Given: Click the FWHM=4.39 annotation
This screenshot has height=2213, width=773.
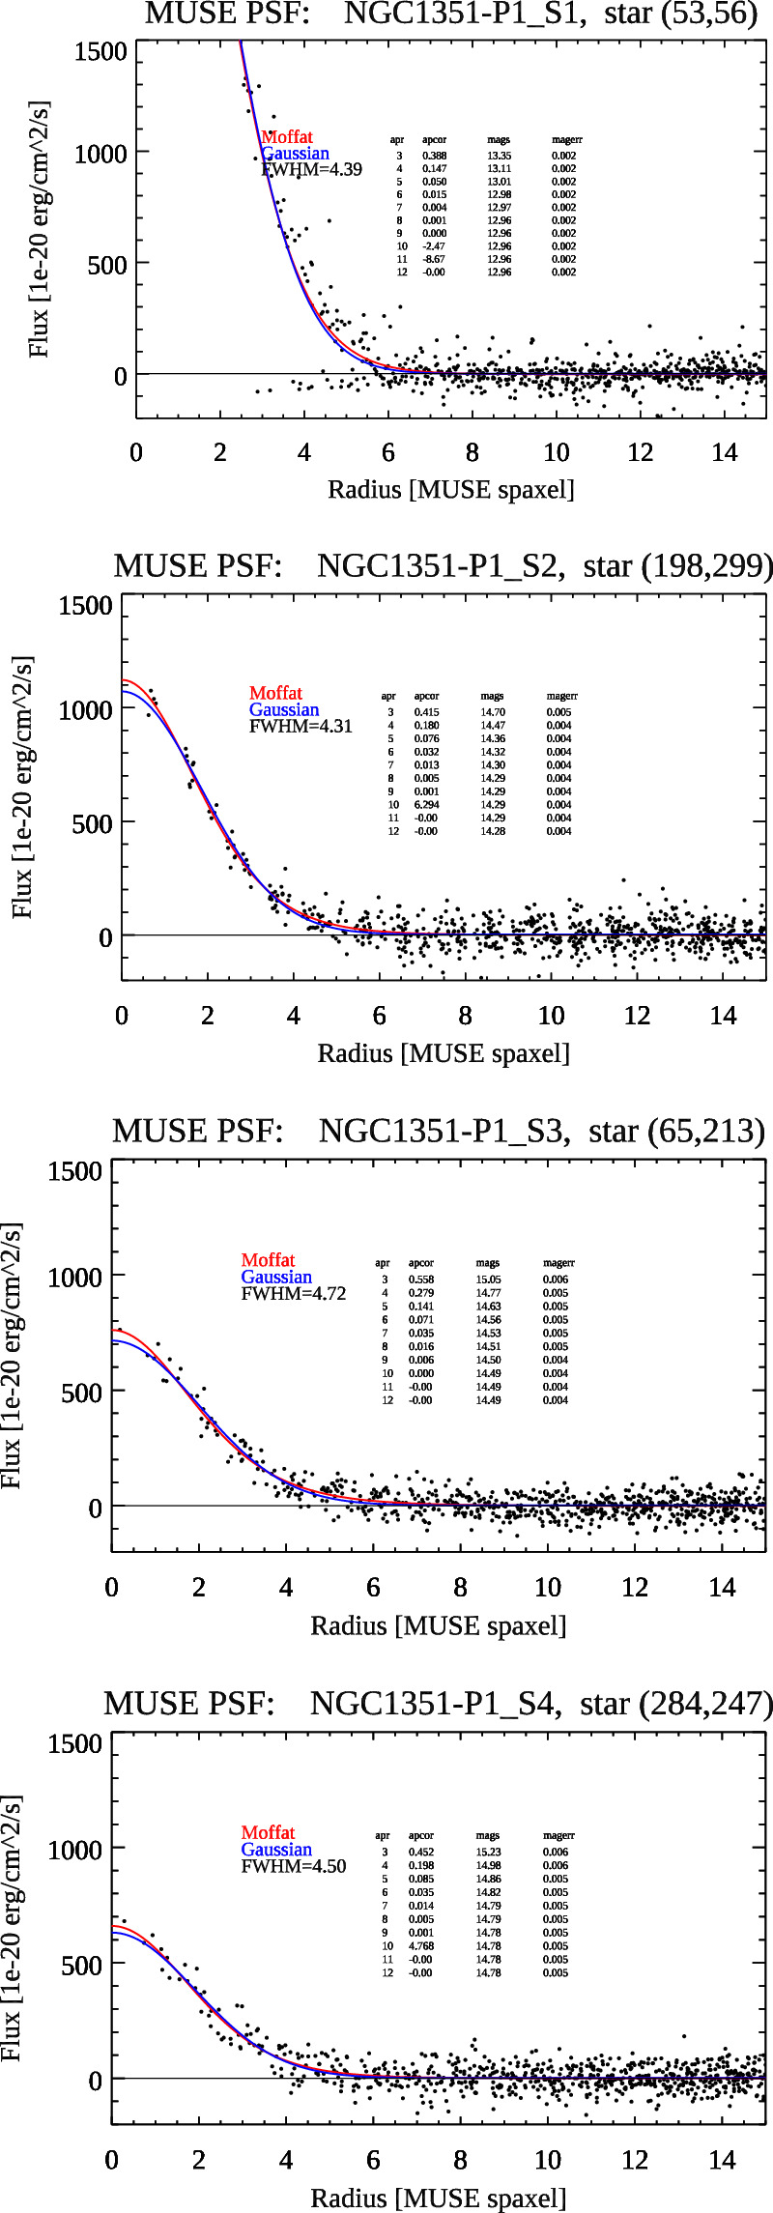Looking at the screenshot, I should pyautogui.click(x=311, y=169).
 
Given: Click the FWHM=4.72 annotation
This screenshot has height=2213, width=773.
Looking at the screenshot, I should pyautogui.click(x=293, y=1293).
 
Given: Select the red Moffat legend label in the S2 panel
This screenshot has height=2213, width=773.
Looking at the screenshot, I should pyautogui.click(x=275, y=693).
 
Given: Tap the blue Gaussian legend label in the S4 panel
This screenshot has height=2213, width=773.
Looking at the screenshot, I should pyautogui.click(x=276, y=1849).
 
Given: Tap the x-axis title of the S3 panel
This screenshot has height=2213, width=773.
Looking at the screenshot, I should pyautogui.click(x=438, y=1625).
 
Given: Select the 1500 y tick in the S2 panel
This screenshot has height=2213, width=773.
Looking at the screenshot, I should pyautogui.click(x=85, y=606).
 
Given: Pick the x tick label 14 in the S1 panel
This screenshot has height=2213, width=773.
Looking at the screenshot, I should pyautogui.click(x=724, y=453).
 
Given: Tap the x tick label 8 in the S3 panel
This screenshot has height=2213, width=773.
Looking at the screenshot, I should pyautogui.click(x=460, y=1587).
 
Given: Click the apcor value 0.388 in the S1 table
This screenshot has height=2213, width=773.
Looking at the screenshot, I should pyautogui.click(x=434, y=156).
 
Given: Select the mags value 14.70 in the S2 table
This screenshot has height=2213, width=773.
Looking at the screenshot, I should pyautogui.click(x=492, y=712).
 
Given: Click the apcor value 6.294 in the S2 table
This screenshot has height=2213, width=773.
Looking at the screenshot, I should pyautogui.click(x=426, y=804).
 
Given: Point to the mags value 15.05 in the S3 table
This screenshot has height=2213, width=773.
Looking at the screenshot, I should pyautogui.click(x=488, y=1279).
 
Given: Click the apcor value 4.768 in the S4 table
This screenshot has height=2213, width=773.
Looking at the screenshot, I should pyautogui.click(x=421, y=1945).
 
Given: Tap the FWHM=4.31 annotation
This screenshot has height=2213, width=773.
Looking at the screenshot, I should pyautogui.click(x=301, y=727).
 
